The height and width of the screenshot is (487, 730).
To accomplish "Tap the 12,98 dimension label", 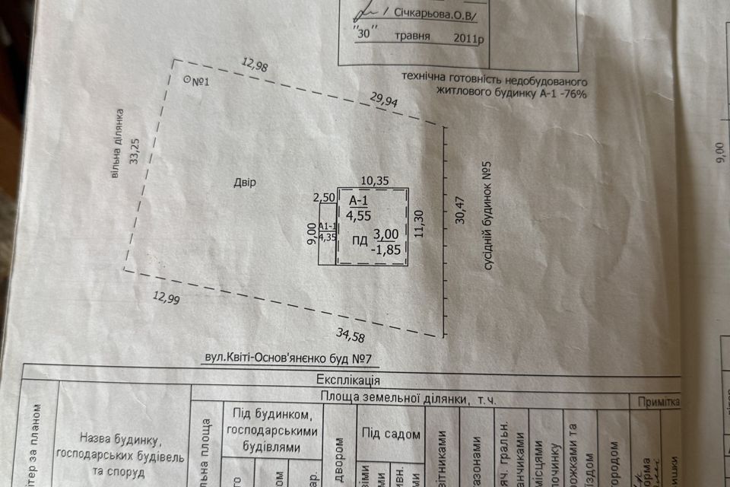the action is point(255,66).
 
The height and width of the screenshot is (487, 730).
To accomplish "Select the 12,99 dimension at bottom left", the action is point(165,299).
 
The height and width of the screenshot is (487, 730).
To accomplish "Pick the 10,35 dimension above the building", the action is point(375,180).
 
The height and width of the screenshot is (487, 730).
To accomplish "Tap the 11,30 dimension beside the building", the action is point(419,224).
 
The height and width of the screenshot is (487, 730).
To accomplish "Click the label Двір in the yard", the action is point(245,183).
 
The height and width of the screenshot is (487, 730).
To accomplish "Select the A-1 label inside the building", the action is point(358,200).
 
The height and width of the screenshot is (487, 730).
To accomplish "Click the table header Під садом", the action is point(391,434).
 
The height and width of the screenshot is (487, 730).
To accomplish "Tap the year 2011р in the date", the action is point(465,38).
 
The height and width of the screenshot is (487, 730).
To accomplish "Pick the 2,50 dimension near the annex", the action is point(325,198).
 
